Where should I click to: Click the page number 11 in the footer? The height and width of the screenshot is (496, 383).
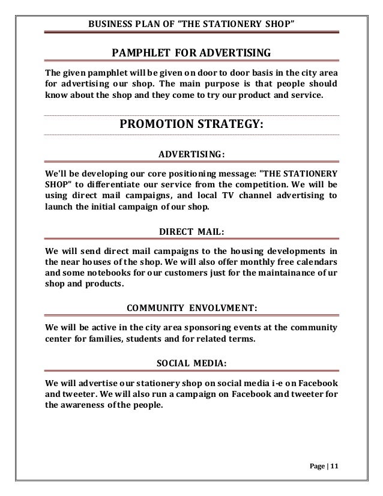click(334, 466)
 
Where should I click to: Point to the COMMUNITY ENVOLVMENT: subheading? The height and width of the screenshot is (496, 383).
click(192, 309)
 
